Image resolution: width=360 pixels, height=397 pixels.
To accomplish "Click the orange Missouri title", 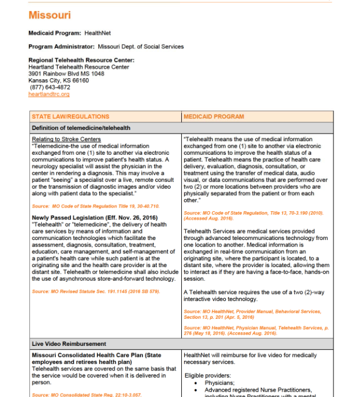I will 49,15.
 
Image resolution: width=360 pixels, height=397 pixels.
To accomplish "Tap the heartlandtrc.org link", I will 49,94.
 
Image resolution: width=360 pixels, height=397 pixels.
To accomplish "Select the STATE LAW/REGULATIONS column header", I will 71,116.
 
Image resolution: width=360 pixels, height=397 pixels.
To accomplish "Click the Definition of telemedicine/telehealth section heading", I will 81,128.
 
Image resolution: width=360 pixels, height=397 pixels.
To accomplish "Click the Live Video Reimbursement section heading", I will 69,343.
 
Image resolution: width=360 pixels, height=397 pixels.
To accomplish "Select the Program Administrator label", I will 55,46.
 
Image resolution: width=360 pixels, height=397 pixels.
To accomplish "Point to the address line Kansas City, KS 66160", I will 58,81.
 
